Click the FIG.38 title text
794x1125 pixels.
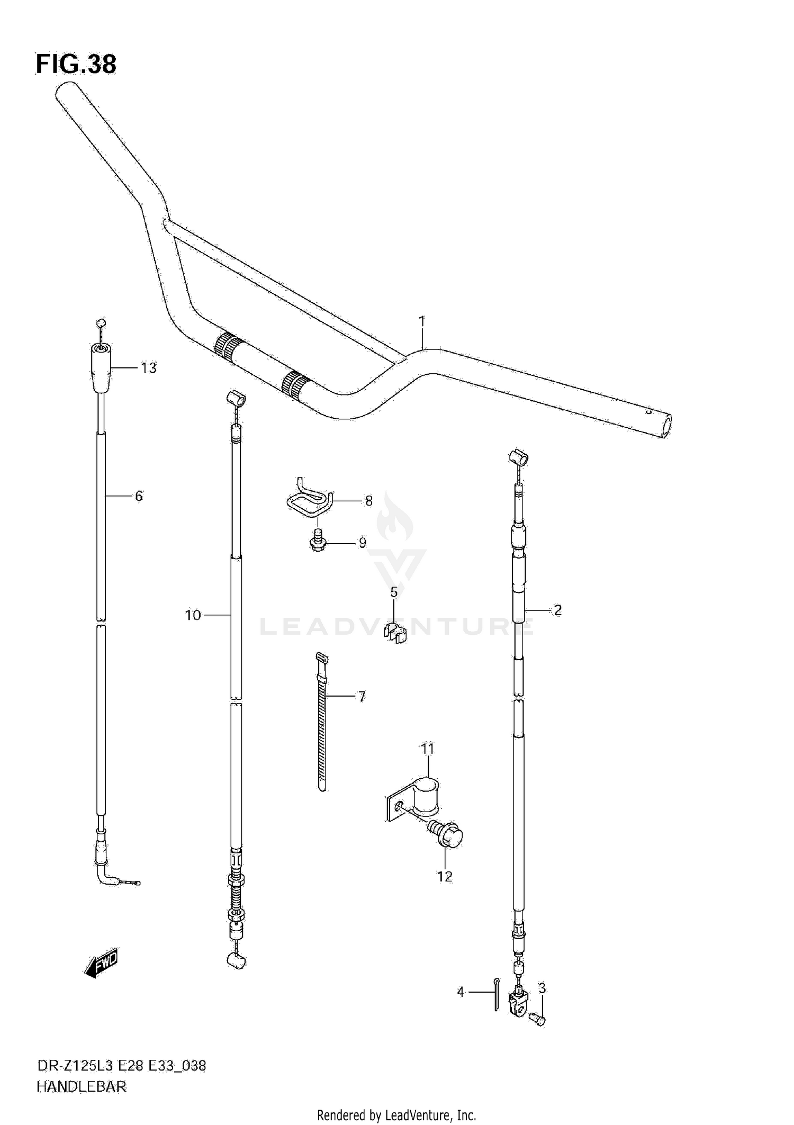click(x=76, y=64)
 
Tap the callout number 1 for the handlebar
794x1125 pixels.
click(x=422, y=321)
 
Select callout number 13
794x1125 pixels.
click(x=149, y=368)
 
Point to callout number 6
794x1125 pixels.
click(x=139, y=496)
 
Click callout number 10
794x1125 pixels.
click(x=193, y=615)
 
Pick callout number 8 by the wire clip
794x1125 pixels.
click(x=369, y=500)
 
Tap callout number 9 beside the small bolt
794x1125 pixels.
click(x=363, y=543)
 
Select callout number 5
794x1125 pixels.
click(x=394, y=592)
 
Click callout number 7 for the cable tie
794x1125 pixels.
click(x=362, y=697)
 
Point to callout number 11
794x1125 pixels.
click(x=428, y=749)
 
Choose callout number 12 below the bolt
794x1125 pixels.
click(x=445, y=877)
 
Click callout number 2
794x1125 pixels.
click(x=557, y=610)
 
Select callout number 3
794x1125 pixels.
click(x=542, y=988)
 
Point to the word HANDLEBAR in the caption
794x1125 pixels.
click(x=82, y=1087)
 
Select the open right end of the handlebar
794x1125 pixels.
click(x=664, y=426)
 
